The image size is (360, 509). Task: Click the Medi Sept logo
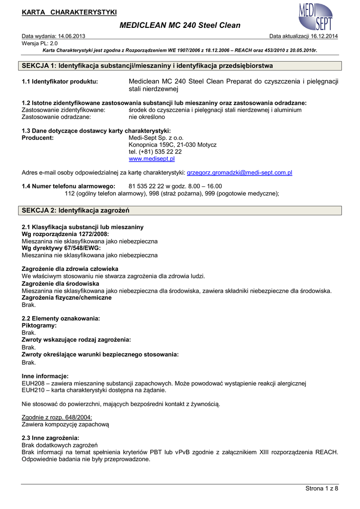pos(315,17)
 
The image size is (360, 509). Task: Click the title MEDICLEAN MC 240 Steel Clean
pos(180,25)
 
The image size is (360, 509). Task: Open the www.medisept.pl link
pos(152,159)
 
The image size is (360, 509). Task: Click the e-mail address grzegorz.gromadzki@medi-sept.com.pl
pos(239,172)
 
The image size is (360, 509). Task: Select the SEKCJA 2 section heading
pos(76,211)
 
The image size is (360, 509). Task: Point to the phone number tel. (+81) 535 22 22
pos(155,152)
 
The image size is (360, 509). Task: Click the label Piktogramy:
pos(39,325)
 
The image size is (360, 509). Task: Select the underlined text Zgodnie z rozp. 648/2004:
pos(57,418)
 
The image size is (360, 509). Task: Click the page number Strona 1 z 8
pos(321,489)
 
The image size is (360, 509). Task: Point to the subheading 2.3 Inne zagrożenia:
pos(51,438)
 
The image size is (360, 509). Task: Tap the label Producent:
pos(38,138)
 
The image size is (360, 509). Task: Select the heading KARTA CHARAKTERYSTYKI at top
pos(69,12)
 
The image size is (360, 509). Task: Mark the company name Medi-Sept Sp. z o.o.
pos(156,138)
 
